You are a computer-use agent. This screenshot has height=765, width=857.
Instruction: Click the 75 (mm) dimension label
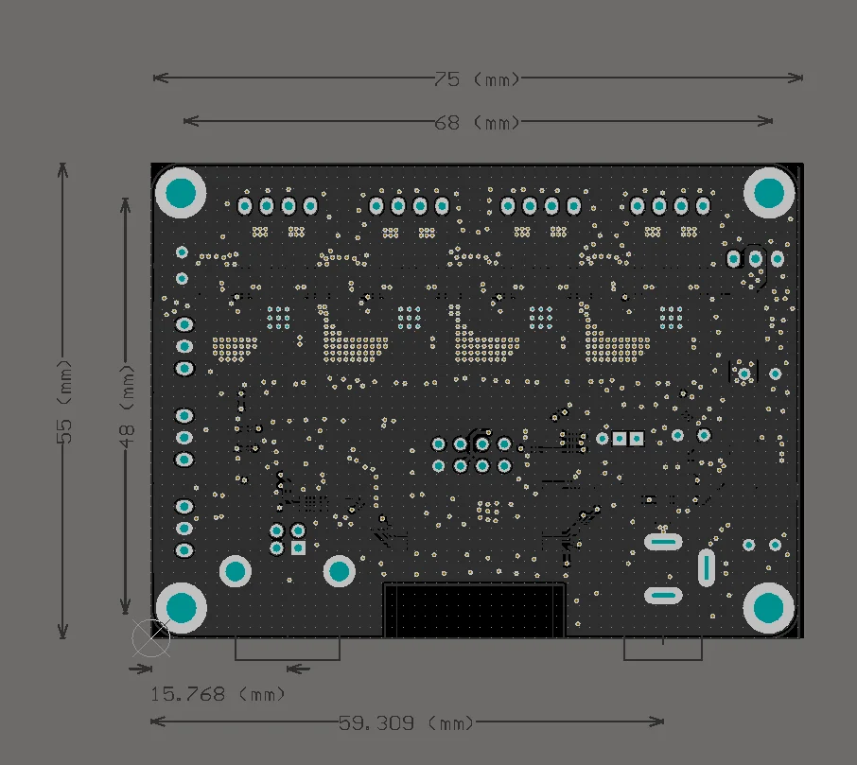(x=478, y=78)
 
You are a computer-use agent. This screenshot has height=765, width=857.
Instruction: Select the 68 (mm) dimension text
(x=478, y=122)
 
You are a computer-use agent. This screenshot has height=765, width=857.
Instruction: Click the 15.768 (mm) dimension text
(x=218, y=694)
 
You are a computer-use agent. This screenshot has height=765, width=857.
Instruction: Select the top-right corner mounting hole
(x=769, y=193)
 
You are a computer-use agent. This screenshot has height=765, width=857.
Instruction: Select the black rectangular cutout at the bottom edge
(x=474, y=610)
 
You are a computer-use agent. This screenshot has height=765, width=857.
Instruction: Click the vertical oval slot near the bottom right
(x=706, y=567)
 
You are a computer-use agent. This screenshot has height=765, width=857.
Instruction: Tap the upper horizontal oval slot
(x=662, y=542)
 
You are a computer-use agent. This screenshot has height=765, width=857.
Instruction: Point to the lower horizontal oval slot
(x=662, y=595)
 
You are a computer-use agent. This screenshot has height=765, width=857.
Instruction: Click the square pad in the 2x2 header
(x=298, y=548)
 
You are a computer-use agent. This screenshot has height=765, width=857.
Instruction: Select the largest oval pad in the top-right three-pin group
(x=755, y=258)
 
